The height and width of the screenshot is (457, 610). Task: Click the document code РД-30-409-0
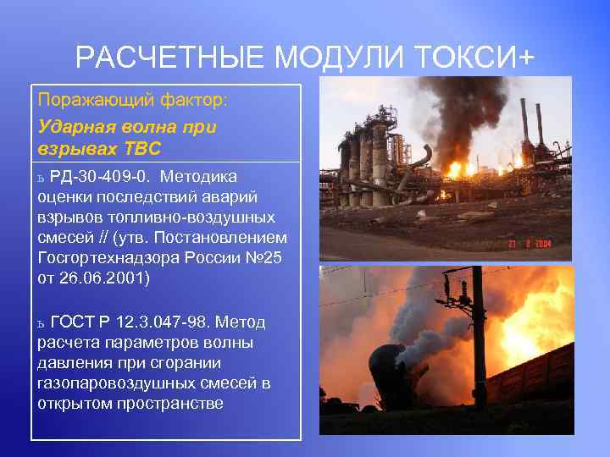coord(101,177)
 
